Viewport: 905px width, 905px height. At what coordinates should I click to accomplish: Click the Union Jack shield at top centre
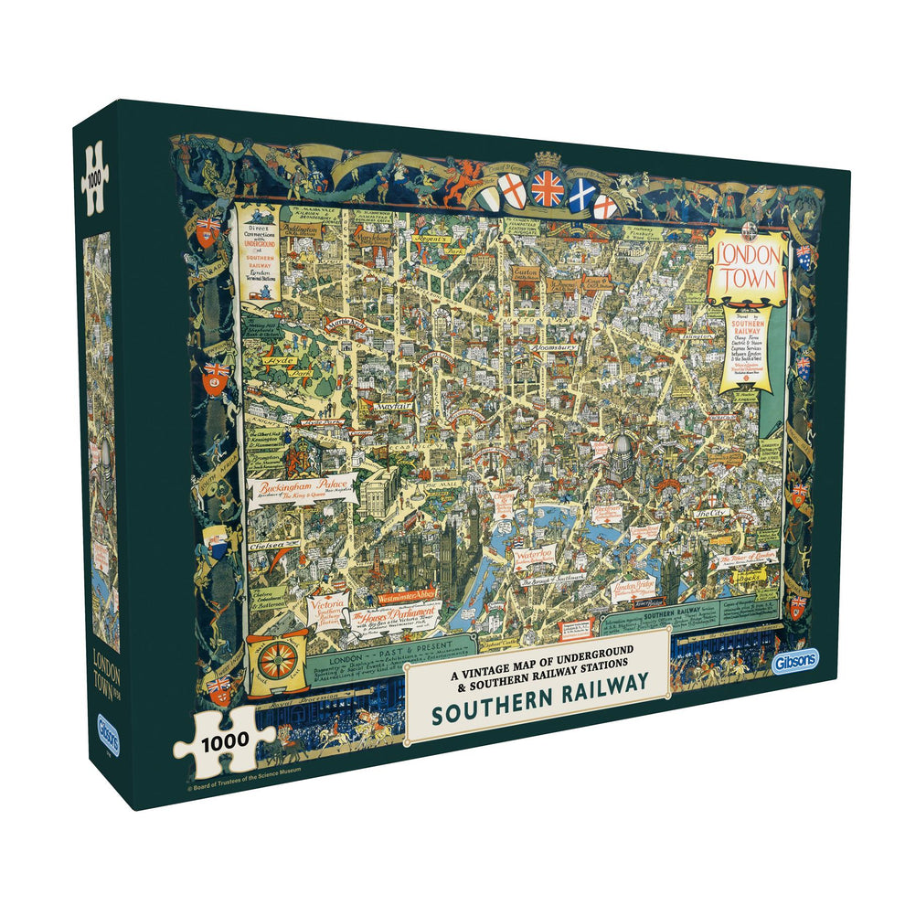(548, 187)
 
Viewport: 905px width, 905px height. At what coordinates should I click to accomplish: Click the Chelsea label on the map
(269, 545)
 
